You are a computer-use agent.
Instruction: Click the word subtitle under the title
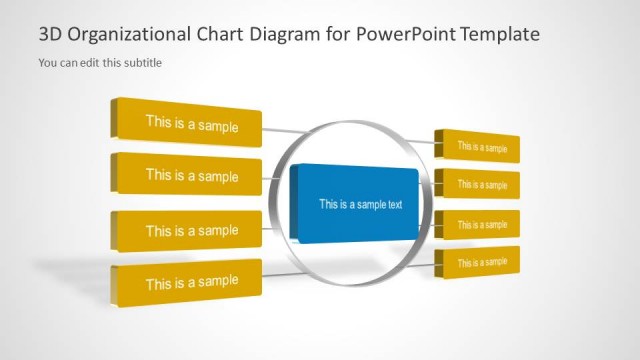click(x=142, y=63)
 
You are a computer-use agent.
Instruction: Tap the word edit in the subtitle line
click(x=88, y=63)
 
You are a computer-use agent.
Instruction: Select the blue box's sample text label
click(x=360, y=205)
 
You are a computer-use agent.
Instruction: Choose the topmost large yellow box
click(x=190, y=124)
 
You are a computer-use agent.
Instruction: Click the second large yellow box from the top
click(x=190, y=176)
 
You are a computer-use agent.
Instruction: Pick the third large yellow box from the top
click(x=190, y=230)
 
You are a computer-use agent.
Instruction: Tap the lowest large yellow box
click(x=190, y=282)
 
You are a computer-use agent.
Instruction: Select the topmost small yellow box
click(x=480, y=147)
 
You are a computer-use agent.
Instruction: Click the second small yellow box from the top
click(x=480, y=185)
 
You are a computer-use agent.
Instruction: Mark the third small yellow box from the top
click(x=480, y=224)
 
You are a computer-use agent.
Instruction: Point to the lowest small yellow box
click(x=480, y=262)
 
